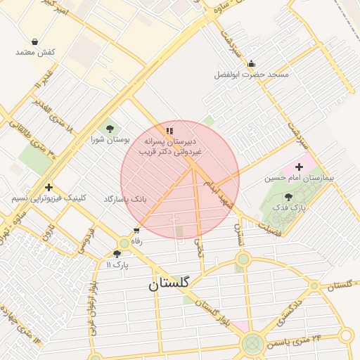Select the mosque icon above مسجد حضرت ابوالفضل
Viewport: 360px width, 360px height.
pyautogui.click(x=252, y=64)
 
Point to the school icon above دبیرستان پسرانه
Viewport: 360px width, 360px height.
pyautogui.click(x=169, y=131)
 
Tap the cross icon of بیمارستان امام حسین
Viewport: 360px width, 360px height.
pyautogui.click(x=300, y=167)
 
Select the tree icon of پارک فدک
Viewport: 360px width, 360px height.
pyautogui.click(x=288, y=198)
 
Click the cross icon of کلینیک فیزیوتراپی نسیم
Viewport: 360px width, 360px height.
pyautogui.click(x=48, y=187)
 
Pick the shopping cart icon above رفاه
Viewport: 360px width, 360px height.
pyautogui.click(x=136, y=230)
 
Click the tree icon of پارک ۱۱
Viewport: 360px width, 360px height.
pyautogui.click(x=117, y=254)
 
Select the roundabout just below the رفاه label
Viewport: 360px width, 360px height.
pyautogui.click(x=124, y=243)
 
